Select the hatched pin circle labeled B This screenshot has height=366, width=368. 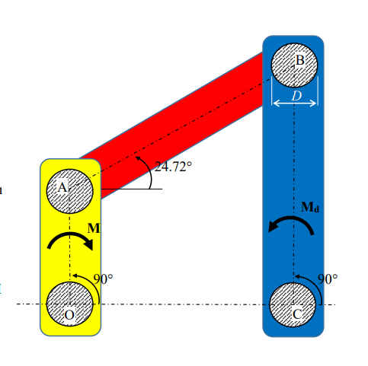tap(294, 63)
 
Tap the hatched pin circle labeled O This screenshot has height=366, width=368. tap(70, 304)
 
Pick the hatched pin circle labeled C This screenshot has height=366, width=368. tap(293, 304)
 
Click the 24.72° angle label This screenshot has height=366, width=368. tap(173, 167)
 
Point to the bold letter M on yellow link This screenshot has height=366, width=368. tap(93, 227)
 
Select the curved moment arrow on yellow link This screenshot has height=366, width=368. tap(70, 242)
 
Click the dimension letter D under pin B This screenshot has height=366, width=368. tap(296, 96)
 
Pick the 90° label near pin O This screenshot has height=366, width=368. tap(102, 278)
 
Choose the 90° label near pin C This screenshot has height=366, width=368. tap(327, 278)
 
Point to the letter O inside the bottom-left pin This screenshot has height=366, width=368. tap(69, 313)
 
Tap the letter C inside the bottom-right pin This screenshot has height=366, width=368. tap(298, 313)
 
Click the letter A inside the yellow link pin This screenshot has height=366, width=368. tap(63, 186)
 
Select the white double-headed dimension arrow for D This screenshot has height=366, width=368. tap(294, 104)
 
